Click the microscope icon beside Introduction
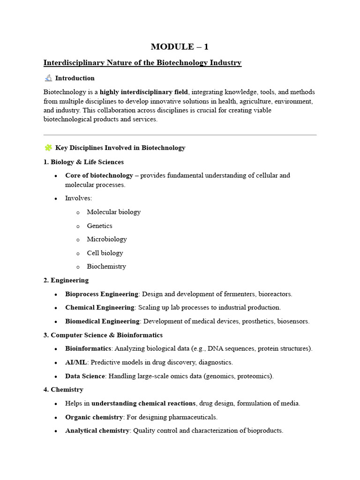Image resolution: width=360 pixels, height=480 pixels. click(x=48, y=78)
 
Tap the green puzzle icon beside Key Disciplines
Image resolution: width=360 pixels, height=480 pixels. click(x=48, y=148)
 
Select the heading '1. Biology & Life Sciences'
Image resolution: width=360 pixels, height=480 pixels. click(x=83, y=162)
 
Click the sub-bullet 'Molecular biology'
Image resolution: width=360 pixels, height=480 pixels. click(x=113, y=212)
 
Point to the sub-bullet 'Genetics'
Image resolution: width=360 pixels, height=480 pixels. click(x=99, y=225)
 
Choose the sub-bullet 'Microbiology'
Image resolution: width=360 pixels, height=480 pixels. click(x=107, y=239)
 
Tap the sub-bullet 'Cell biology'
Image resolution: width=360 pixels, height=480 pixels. click(x=105, y=253)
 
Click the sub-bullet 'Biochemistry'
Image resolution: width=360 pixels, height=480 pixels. click(x=106, y=266)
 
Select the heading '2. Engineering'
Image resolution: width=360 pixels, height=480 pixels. click(x=66, y=280)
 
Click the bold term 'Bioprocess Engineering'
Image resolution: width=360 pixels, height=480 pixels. click(x=102, y=294)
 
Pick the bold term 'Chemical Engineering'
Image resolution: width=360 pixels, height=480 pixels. click(x=100, y=307)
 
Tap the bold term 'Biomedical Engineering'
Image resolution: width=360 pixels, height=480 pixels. click(x=102, y=321)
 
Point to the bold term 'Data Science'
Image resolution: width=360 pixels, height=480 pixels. click(x=85, y=376)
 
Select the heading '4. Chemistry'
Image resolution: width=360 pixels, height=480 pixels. click(x=63, y=390)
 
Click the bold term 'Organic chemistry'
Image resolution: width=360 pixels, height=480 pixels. click(x=94, y=417)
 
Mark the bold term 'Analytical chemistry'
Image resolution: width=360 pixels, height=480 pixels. click(x=97, y=430)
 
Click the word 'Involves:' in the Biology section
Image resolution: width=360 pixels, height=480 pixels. click(x=79, y=198)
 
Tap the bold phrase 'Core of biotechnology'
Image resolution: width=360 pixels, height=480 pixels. click(x=99, y=175)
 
